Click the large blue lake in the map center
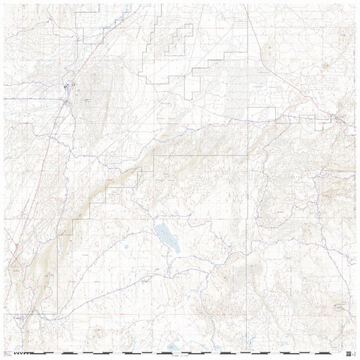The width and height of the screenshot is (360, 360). pyautogui.click(x=166, y=237)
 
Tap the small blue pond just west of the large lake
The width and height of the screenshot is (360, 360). pyautogui.click(x=127, y=247)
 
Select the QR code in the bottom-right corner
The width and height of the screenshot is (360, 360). pyautogui.click(x=349, y=352)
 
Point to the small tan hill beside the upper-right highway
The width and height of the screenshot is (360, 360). pyautogui.click(x=327, y=67)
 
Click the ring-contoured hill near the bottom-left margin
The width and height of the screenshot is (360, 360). pyautogui.click(x=97, y=330)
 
